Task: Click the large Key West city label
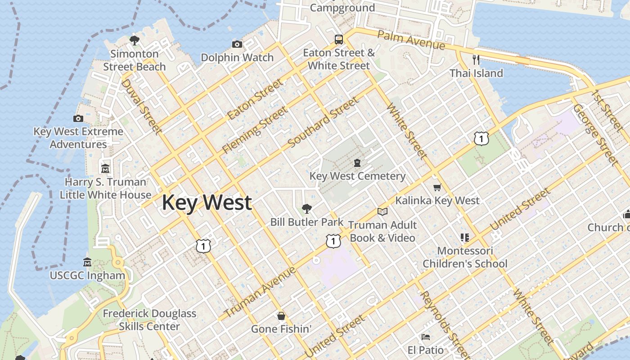207,202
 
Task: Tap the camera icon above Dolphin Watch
237,44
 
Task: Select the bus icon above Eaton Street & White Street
339,39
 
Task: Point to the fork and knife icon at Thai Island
476,59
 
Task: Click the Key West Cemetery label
357,176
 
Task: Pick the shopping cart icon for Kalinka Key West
437,187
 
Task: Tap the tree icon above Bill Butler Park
307,208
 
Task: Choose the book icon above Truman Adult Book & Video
382,211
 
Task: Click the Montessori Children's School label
465,257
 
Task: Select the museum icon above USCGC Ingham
87,262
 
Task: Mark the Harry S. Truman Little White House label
105,189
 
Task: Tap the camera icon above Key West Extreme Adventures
78,118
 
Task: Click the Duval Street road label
141,107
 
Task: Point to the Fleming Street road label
255,130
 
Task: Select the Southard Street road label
324,122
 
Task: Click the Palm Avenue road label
411,40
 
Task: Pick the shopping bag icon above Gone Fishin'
281,316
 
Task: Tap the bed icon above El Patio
425,337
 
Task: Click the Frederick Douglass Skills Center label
149,320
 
